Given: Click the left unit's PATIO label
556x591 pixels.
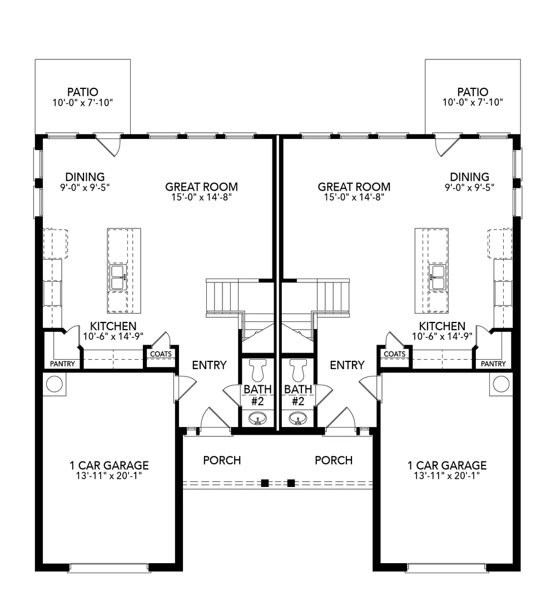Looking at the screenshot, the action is (82, 92).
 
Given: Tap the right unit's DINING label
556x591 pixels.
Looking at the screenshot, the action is (469, 177).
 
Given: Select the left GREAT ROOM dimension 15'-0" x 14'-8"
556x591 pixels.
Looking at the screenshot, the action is (201, 197).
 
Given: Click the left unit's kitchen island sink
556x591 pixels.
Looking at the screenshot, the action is (118, 277).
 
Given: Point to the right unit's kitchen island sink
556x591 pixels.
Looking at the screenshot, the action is (438, 277).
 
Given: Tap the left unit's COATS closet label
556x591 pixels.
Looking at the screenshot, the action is (161, 354).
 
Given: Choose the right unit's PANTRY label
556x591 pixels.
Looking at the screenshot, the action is (493, 364).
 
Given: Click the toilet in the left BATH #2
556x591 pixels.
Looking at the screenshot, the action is (258, 370).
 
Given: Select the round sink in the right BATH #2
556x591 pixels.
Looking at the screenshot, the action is (298, 418).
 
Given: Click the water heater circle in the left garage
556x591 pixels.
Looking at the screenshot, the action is (54, 384).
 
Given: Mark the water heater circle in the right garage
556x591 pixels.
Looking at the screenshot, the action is (501, 384).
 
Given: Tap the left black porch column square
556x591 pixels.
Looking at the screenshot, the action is (265, 483).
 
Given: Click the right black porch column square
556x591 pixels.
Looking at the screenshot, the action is (291, 483).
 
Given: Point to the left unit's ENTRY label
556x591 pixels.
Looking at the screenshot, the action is (209, 365).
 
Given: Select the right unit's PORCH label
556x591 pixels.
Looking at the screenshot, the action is (334, 460).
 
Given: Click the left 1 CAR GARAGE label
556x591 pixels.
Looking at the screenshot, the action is (110, 465).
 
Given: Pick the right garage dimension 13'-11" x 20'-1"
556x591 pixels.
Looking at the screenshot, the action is (446, 476).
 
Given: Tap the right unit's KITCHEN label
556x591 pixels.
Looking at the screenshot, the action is (442, 326).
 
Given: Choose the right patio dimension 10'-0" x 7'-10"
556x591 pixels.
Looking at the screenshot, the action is (473, 102).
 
